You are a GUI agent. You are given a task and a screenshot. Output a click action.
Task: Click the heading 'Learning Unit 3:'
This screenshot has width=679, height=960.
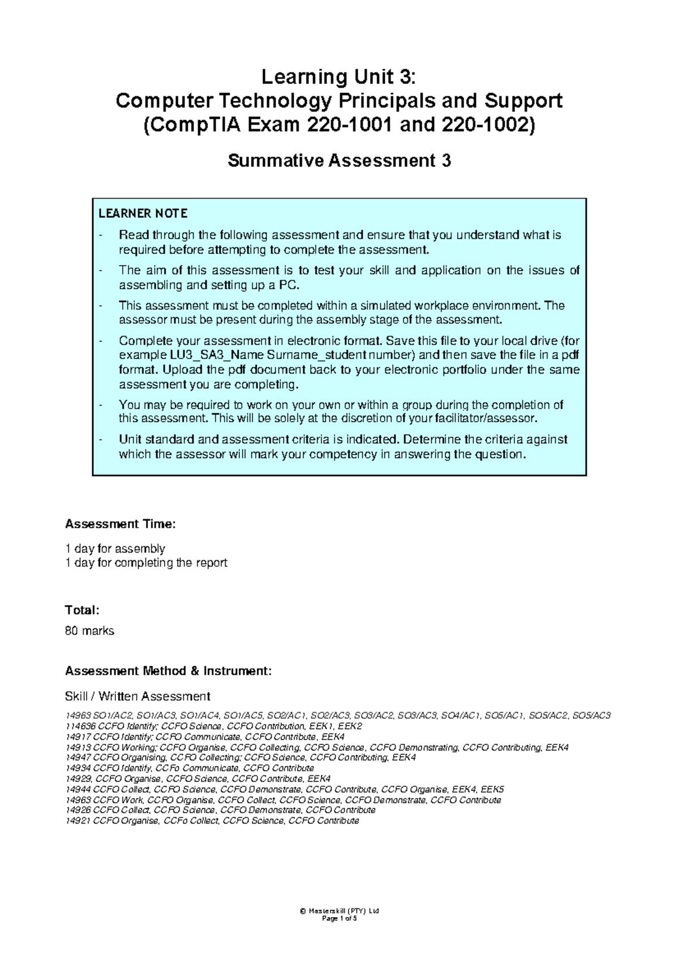coord(339,76)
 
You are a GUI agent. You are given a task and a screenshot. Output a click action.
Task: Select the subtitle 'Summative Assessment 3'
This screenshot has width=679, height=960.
coord(339,161)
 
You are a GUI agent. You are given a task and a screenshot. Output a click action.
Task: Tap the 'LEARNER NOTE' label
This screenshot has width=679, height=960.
coord(143,213)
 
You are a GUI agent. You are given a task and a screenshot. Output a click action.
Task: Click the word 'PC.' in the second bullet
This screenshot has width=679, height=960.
coord(289,285)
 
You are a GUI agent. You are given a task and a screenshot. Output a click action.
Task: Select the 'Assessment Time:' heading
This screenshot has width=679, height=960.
coord(121,524)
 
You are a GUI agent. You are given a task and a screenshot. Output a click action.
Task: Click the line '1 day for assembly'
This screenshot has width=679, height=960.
coord(115,548)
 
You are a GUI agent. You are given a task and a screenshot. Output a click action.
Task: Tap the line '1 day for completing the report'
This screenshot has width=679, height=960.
coord(146,563)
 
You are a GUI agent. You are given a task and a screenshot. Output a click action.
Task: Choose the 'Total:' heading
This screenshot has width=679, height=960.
coord(82,610)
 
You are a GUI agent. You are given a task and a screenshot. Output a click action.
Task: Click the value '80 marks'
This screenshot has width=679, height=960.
coord(89,631)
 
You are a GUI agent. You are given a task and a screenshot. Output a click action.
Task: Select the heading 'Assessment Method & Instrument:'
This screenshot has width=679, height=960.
coord(168,671)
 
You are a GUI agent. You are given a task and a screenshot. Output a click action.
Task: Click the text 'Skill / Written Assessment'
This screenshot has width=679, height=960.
coord(137,696)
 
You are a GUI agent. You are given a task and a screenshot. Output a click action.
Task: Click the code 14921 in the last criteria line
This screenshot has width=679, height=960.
coord(78,821)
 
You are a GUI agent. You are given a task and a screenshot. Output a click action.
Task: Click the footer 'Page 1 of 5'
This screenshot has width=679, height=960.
coord(339,919)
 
